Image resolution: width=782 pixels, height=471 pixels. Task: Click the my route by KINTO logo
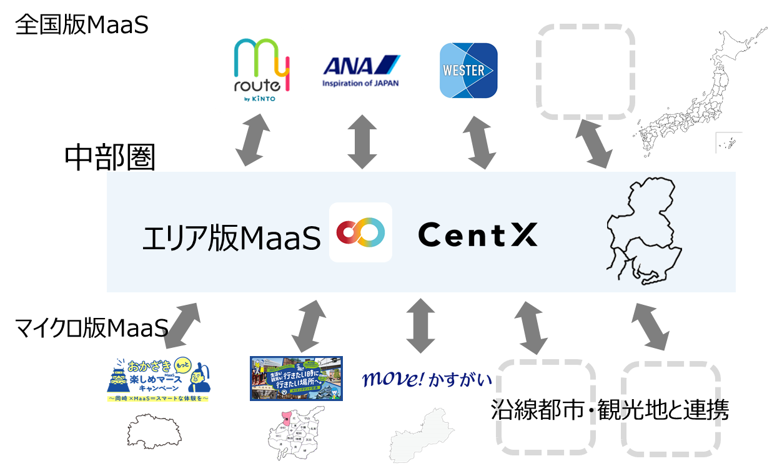[261, 71]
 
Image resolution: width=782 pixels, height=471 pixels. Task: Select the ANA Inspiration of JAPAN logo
[361, 71]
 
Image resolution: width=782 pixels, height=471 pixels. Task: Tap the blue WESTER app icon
[468, 71]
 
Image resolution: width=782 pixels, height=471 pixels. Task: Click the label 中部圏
[109, 159]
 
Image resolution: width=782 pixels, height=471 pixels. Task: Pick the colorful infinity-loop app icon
[360, 232]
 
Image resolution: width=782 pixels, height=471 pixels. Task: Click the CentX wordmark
[478, 235]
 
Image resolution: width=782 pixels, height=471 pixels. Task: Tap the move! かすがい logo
[427, 379]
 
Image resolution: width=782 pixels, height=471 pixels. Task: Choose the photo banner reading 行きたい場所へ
[296, 379]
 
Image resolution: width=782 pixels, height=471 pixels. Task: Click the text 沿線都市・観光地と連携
[610, 410]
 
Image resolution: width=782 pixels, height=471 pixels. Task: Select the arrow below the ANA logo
[361, 141]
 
